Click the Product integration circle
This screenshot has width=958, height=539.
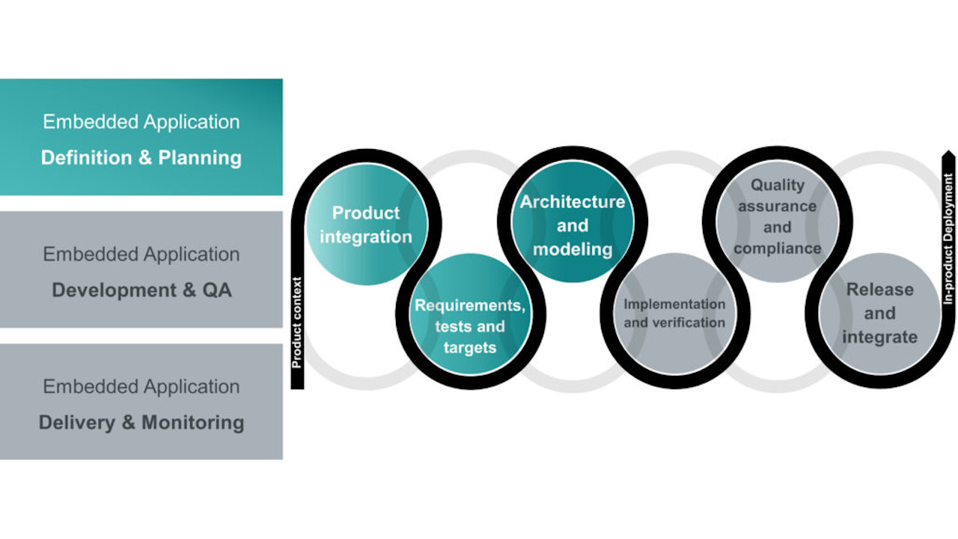[x=366, y=225]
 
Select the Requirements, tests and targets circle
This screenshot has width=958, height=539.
[x=469, y=314]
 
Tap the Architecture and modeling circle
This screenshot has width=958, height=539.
[x=573, y=225]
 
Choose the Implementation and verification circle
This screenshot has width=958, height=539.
[x=674, y=314]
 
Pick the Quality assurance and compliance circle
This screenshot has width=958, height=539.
[x=777, y=217]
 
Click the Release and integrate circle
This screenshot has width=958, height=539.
[x=879, y=313]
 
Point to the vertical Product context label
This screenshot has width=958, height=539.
[x=297, y=323]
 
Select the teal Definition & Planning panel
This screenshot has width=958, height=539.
[x=141, y=137]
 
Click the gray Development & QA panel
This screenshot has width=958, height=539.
[x=141, y=269]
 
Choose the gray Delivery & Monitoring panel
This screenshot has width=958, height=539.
[x=141, y=402]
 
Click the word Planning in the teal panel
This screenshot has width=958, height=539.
[x=200, y=158]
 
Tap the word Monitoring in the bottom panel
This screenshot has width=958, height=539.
[x=192, y=423]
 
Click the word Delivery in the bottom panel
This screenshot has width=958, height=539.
[x=76, y=423]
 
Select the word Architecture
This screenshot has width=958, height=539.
[x=573, y=202]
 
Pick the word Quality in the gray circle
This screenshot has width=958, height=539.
[x=778, y=185]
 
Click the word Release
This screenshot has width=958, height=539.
[x=879, y=290]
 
